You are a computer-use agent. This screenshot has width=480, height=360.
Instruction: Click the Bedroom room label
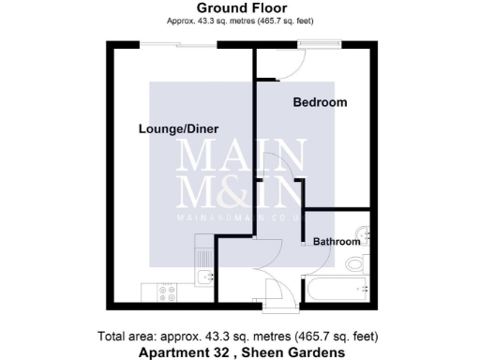click(x=320, y=102)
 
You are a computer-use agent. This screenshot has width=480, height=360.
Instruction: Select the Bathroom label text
click(x=337, y=242)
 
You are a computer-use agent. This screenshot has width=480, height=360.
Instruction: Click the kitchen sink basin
click(x=204, y=277)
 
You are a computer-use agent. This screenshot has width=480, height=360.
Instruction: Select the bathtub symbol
click(x=334, y=290)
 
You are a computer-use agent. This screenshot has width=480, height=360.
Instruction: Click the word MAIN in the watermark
click(x=241, y=153)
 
